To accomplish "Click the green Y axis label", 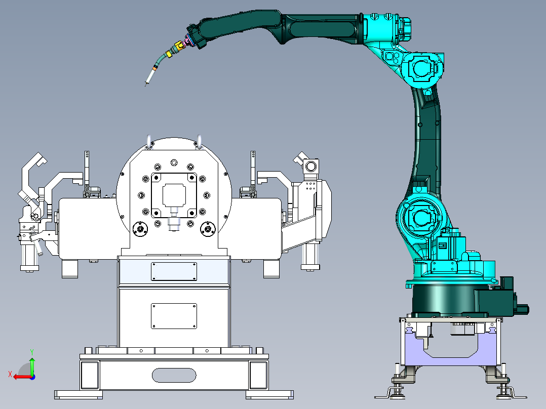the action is click(x=32, y=352).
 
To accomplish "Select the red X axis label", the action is click(x=10, y=375).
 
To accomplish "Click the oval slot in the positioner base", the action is click(x=174, y=375).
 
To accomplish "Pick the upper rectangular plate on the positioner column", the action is click(x=174, y=271).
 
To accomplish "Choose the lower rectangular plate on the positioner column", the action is click(x=174, y=316).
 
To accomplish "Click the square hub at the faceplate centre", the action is click(x=174, y=195).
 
